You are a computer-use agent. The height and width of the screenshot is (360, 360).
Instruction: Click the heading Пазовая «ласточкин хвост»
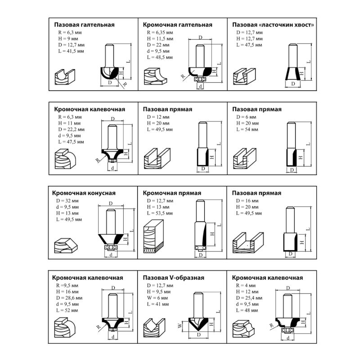pyautogui.click(x=273, y=25)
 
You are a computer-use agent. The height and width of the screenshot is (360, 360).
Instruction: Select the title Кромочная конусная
pyautogui.click(x=84, y=193)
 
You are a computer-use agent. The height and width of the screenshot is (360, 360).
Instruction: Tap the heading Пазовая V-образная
pyautogui.click(x=173, y=278)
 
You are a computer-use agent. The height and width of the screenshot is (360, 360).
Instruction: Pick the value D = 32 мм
pyautogui.click(x=67, y=201)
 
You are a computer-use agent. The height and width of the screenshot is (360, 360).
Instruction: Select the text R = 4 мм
pyautogui.click(x=246, y=285)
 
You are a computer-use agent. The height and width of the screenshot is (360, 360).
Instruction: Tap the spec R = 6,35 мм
pyautogui.click(x=160, y=32)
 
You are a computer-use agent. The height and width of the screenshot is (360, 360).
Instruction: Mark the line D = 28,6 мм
pyautogui.click(x=69, y=298)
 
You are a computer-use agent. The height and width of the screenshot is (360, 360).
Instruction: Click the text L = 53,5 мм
pyautogui.click(x=160, y=213)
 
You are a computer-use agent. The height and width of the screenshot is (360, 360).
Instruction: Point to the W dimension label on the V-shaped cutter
pyautogui.click(x=180, y=325)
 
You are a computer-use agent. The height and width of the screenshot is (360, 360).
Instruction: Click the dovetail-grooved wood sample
pyautogui.click(x=244, y=76)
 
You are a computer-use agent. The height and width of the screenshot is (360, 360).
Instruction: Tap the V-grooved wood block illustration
pyautogui.click(x=154, y=328)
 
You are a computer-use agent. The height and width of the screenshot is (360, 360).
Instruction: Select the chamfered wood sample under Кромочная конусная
pyautogui.click(x=66, y=245)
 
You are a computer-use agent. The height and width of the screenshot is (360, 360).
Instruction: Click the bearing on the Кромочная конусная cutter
pyautogui.click(x=111, y=247)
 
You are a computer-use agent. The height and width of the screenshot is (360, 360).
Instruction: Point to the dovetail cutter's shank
pyautogui.click(x=293, y=55)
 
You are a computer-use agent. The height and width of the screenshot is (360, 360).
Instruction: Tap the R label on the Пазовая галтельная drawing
pyautogui.click(x=125, y=84)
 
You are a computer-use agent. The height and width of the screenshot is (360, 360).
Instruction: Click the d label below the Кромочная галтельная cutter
pyautogui.click(x=200, y=86)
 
